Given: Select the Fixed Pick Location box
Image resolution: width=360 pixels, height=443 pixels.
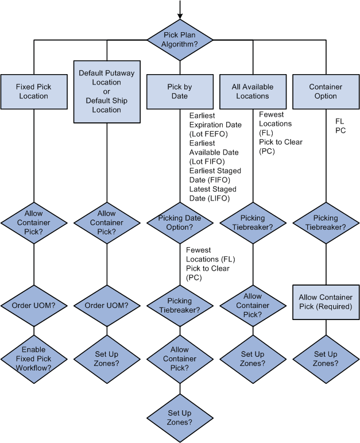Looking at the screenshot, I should (34, 91).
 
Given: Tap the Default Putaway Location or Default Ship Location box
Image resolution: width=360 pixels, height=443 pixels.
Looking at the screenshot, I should (107, 91).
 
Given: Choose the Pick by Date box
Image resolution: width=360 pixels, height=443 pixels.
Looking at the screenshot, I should (180, 91).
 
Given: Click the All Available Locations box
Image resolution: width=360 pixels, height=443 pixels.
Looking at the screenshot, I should (253, 91).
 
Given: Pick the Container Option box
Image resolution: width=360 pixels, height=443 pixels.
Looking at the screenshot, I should (326, 91).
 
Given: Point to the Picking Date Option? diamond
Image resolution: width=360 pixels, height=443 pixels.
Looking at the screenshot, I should (180, 222).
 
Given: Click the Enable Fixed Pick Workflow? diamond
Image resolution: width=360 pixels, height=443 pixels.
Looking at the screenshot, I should (34, 359).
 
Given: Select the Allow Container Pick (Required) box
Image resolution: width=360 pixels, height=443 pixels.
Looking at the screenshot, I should (326, 302).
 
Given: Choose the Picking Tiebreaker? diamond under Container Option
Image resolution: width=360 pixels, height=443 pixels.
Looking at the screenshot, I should (326, 222).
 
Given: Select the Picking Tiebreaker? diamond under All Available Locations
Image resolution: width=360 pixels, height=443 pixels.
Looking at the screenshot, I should (253, 222).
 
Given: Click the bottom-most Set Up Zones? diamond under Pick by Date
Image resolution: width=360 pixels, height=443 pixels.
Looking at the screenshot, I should (180, 417).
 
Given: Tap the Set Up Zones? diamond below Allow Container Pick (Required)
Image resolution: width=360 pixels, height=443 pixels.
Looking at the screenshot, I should (326, 359).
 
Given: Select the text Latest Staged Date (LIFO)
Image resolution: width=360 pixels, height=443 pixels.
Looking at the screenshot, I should (212, 194).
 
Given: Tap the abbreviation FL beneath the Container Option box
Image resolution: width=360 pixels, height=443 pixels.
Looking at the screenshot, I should (339, 121).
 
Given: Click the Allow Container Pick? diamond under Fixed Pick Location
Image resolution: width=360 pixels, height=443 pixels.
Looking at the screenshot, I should (34, 222).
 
